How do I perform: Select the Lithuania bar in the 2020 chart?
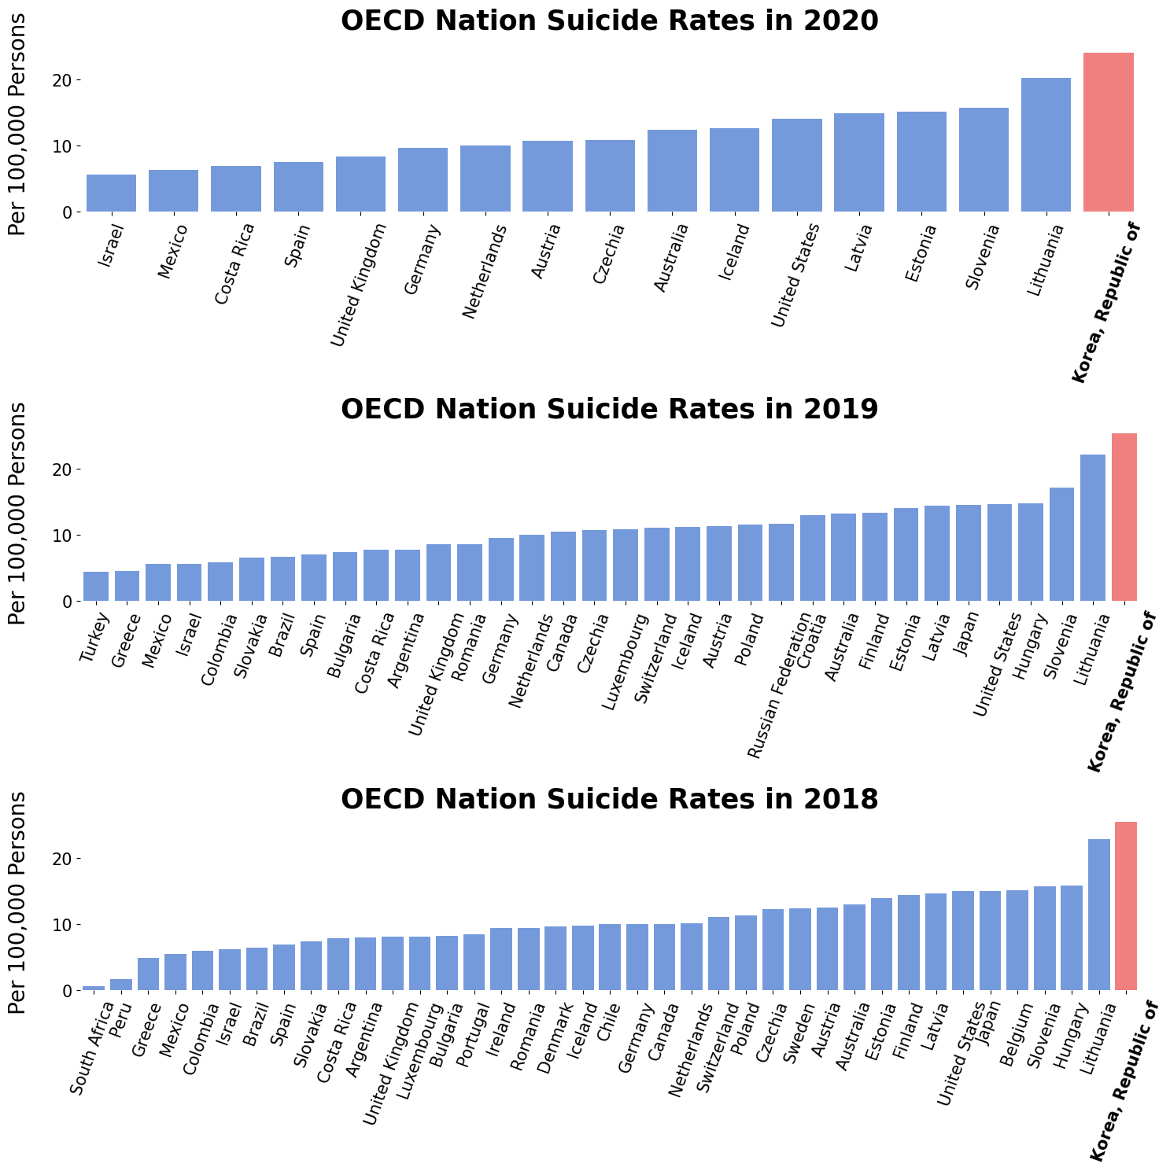pyautogui.click(x=1046, y=145)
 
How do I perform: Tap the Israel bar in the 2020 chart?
pyautogui.click(x=111, y=193)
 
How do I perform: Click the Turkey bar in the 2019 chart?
pyautogui.click(x=96, y=587)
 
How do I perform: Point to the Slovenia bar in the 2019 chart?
pyautogui.click(x=1061, y=544)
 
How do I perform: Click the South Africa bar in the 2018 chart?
pyautogui.click(x=94, y=988)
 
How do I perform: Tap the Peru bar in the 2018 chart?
pyautogui.click(x=120, y=985)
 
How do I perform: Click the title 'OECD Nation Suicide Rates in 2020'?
pyautogui.click(x=609, y=21)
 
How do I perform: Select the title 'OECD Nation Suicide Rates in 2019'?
pyautogui.click(x=609, y=410)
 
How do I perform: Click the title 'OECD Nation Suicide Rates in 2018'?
pyautogui.click(x=609, y=800)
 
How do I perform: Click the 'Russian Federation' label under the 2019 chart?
pyautogui.click(x=778, y=686)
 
